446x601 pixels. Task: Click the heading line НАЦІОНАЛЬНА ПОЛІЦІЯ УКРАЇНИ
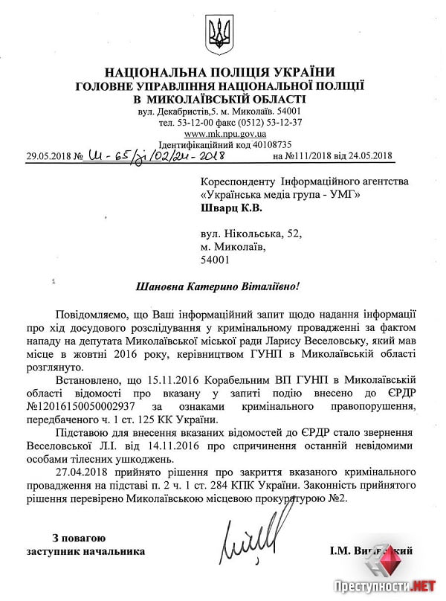(x=220, y=72)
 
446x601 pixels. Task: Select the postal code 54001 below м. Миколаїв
(x=216, y=260)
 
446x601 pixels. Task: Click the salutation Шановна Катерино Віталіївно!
(x=221, y=286)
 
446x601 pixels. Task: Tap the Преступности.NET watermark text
(x=382, y=586)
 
